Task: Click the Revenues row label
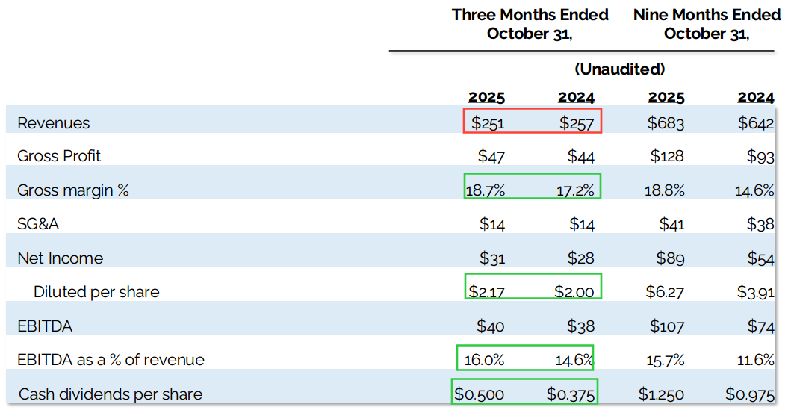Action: pyautogui.click(x=53, y=123)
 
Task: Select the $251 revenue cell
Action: pyautogui.click(x=487, y=123)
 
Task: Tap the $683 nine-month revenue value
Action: pyautogui.click(x=666, y=123)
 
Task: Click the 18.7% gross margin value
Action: pyautogui.click(x=485, y=190)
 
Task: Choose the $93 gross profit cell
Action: pyautogui.click(x=760, y=156)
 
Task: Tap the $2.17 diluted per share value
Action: pyautogui.click(x=486, y=291)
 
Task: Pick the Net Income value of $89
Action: pyautogui.click(x=669, y=258)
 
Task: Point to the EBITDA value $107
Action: pyautogui.click(x=666, y=326)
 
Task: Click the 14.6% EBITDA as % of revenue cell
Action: pyautogui.click(x=574, y=360)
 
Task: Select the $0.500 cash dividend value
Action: pyautogui.click(x=481, y=394)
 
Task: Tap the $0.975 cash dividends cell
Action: pyautogui.click(x=749, y=394)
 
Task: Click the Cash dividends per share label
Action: pyautogui.click(x=111, y=394)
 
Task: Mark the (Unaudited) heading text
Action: pyautogui.click(x=619, y=69)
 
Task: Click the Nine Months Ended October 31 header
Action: pyautogui.click(x=707, y=24)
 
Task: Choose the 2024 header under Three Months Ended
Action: pyautogui.click(x=576, y=98)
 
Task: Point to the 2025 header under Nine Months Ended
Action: pyautogui.click(x=666, y=98)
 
